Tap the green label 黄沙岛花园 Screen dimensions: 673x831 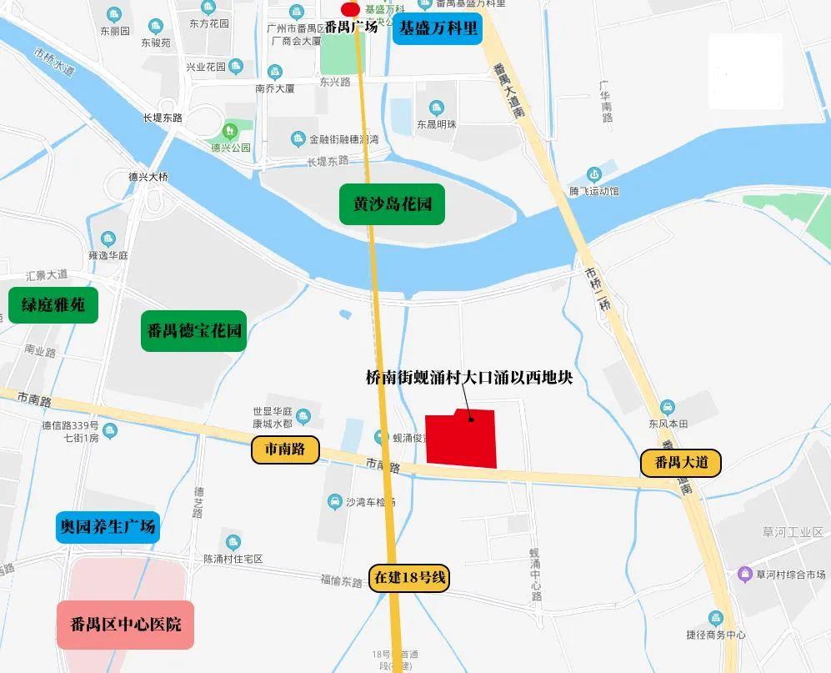pyautogui.click(x=392, y=203)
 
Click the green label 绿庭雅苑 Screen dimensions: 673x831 pyautogui.click(x=53, y=305)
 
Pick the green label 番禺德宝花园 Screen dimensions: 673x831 pyautogui.click(x=193, y=330)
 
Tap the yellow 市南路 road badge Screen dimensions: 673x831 pyautogui.click(x=285, y=450)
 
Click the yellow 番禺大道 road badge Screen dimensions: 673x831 pyautogui.click(x=681, y=462)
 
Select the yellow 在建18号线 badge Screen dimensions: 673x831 pyautogui.click(x=410, y=578)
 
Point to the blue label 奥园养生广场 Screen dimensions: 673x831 pyautogui.click(x=107, y=527)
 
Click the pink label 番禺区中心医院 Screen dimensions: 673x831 pyautogui.click(x=126, y=625)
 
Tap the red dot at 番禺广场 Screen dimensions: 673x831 pyautogui.click(x=351, y=8)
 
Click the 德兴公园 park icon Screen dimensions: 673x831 pyautogui.click(x=229, y=131)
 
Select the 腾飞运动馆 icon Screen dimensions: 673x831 pyautogui.click(x=594, y=174)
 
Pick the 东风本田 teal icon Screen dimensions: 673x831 pyautogui.click(x=668, y=407)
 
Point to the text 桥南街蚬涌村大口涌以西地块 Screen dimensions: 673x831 pyautogui.click(x=469, y=377)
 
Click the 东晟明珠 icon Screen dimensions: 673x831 pyautogui.click(x=437, y=108)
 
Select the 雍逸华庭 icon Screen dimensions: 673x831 pyautogui.click(x=108, y=239)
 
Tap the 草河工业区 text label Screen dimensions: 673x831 pyautogui.click(x=792, y=532)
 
